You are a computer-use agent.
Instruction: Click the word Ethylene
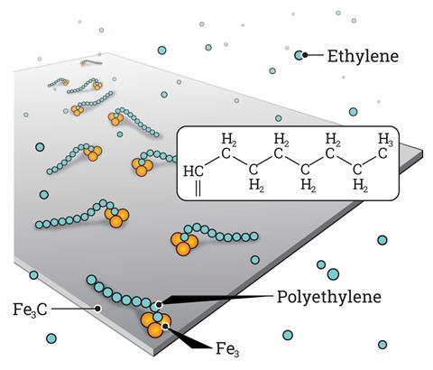(363, 57)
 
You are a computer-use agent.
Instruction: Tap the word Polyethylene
(329, 297)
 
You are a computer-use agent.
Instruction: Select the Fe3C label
(30, 310)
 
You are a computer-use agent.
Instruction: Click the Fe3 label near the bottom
(227, 350)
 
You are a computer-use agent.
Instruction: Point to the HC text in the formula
(193, 171)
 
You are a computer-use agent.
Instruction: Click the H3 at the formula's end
(385, 140)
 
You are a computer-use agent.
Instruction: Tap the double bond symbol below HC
(198, 189)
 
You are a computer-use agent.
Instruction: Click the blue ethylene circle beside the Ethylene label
(299, 55)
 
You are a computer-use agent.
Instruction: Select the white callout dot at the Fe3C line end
(97, 309)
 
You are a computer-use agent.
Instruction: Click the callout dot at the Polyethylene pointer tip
(159, 305)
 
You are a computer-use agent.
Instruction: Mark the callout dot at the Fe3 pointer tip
(165, 327)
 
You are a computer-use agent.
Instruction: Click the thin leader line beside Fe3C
(73, 309)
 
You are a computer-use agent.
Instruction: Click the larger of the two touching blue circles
(333, 274)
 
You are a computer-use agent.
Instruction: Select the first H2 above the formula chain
(228, 140)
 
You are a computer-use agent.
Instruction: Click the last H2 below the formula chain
(360, 186)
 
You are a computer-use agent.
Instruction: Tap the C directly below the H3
(382, 153)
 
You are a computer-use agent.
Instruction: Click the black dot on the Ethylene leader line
(305, 55)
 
